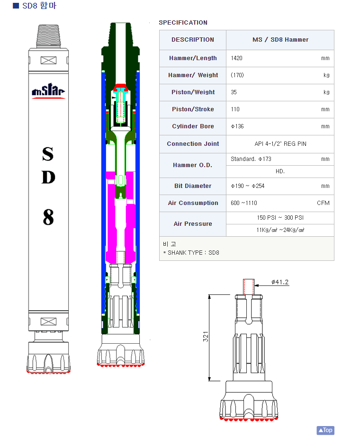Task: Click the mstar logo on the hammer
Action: coord(48,90)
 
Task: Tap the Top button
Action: coord(325,430)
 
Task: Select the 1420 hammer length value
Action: coord(236,58)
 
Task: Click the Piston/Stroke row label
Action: coord(193,109)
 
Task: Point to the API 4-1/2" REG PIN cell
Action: coord(280,144)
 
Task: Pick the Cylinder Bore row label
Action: coord(193,126)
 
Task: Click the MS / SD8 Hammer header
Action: coord(280,40)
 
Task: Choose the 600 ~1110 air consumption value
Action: coord(243,203)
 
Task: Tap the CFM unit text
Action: coord(323,203)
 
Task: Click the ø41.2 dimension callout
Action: coord(280,282)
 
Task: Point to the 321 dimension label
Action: coord(206,337)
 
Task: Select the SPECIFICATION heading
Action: coord(183,23)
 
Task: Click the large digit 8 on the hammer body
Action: coord(48,217)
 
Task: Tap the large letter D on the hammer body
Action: coord(48,177)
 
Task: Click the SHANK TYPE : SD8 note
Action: coord(193,252)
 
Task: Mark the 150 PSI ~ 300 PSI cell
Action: coord(280,218)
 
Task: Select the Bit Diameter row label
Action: coord(193,186)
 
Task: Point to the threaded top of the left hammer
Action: coord(48,36)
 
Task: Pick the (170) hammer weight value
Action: coord(237,75)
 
